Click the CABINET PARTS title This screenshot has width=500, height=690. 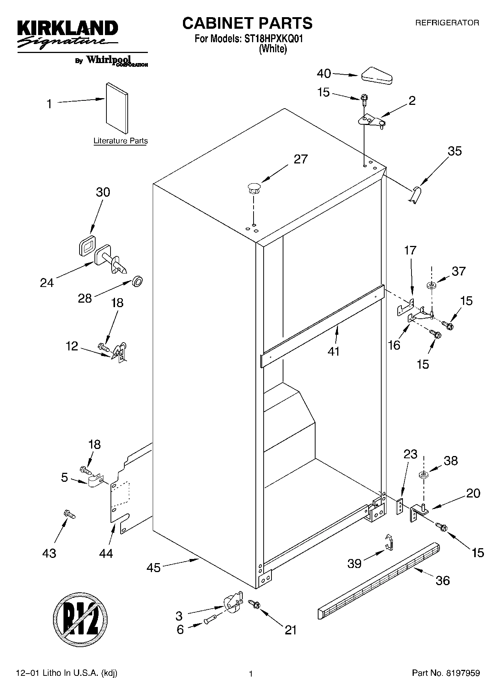click(247, 23)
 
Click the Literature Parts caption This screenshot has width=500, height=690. click(120, 141)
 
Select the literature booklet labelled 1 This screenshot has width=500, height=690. click(117, 108)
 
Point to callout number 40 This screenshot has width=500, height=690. click(324, 74)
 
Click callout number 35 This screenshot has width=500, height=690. click(455, 151)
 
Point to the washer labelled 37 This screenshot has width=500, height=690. click(432, 285)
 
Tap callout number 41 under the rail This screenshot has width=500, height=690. click(333, 351)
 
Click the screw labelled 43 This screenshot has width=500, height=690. click(70, 515)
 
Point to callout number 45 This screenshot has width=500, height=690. click(153, 568)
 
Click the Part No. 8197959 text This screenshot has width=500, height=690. click(446, 673)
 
